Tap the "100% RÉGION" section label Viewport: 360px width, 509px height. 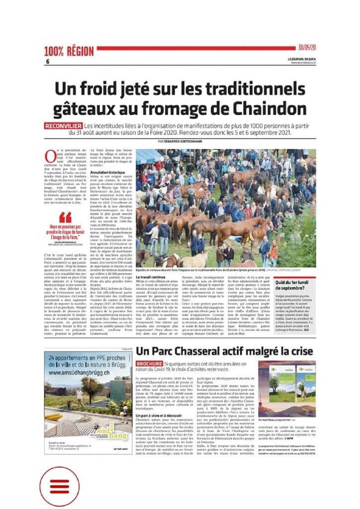pyautogui.click(x=69, y=51)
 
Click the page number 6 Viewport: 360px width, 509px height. pyautogui.click(x=48, y=61)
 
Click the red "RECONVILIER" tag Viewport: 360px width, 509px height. pyautogui.click(x=63, y=126)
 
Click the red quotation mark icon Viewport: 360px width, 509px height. pyautogui.click(x=65, y=217)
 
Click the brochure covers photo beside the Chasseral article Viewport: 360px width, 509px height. pyautogui.click(x=287, y=388)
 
